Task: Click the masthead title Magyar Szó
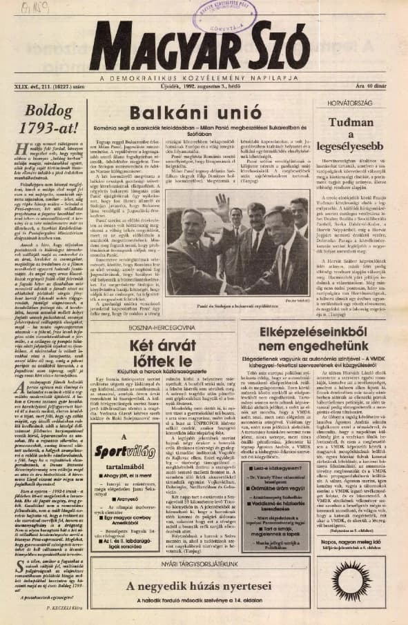[207, 46]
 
